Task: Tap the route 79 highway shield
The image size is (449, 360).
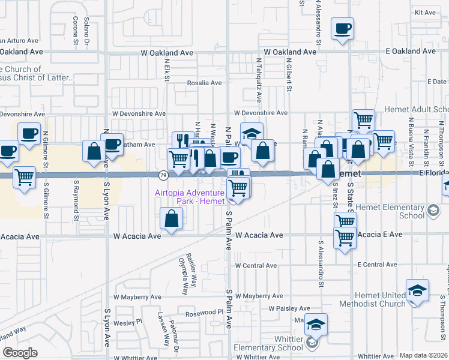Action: (x=163, y=175)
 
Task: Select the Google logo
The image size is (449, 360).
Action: (x=19, y=353)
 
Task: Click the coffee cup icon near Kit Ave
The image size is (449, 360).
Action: (x=342, y=29)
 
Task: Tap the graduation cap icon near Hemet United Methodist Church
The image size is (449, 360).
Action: (x=417, y=291)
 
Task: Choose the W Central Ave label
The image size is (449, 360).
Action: (x=256, y=265)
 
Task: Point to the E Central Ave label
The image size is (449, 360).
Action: (x=377, y=265)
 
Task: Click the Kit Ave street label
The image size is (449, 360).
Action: (x=425, y=13)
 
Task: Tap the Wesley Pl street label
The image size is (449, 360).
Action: (x=130, y=322)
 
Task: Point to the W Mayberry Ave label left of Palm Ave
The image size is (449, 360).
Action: (x=139, y=297)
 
